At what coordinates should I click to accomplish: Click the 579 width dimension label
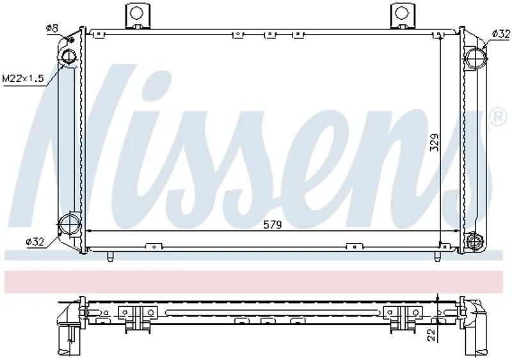click(273, 224)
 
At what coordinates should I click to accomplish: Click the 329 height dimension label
click(434, 143)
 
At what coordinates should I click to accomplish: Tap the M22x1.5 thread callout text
click(23, 79)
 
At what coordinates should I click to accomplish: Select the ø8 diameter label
click(52, 28)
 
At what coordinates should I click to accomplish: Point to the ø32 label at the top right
click(501, 34)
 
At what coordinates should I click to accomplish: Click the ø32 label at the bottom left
click(35, 242)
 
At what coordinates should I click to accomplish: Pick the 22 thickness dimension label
click(431, 335)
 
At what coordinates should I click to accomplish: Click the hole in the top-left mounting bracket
click(136, 13)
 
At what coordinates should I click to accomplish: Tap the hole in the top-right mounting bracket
click(401, 13)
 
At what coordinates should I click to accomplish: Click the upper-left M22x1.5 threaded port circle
click(68, 56)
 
